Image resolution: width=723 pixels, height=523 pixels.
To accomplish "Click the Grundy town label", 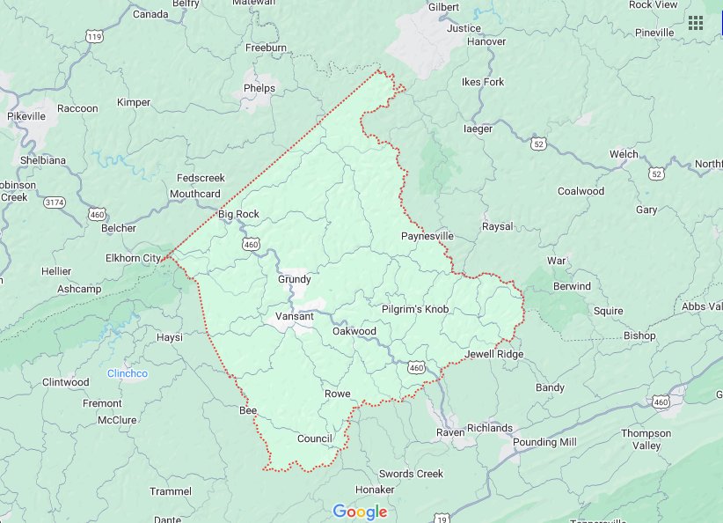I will point(295,279).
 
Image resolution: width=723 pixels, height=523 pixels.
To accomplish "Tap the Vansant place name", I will point(295,316).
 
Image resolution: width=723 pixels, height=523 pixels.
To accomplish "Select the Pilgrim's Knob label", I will point(415,309).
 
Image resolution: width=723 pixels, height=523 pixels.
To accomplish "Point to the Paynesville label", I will point(427,236).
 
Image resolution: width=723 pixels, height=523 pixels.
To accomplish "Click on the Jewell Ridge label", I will point(493,354).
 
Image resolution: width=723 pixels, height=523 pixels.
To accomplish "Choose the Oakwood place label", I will point(354,331).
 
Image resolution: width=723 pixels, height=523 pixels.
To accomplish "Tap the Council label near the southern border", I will point(314,438).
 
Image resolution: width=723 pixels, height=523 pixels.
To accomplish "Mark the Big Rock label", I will point(238,214).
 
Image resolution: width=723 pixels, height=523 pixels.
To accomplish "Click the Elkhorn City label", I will point(133,258).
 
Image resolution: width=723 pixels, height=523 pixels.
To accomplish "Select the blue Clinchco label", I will point(128,373).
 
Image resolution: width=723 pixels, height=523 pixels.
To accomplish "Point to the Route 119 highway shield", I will point(94,36).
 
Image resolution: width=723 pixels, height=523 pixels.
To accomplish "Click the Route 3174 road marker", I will point(55,202).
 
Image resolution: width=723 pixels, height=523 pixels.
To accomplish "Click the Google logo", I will point(360,512).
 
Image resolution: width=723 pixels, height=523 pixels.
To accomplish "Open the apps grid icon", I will point(696,23).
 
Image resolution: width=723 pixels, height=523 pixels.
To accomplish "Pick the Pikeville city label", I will point(26,116).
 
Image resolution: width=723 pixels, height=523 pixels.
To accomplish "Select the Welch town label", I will point(624,154).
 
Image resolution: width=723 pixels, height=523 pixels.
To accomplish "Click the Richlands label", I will point(489,428).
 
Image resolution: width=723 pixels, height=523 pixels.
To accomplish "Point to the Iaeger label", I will point(478,129).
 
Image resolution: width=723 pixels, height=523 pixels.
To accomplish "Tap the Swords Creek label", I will point(411,474).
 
